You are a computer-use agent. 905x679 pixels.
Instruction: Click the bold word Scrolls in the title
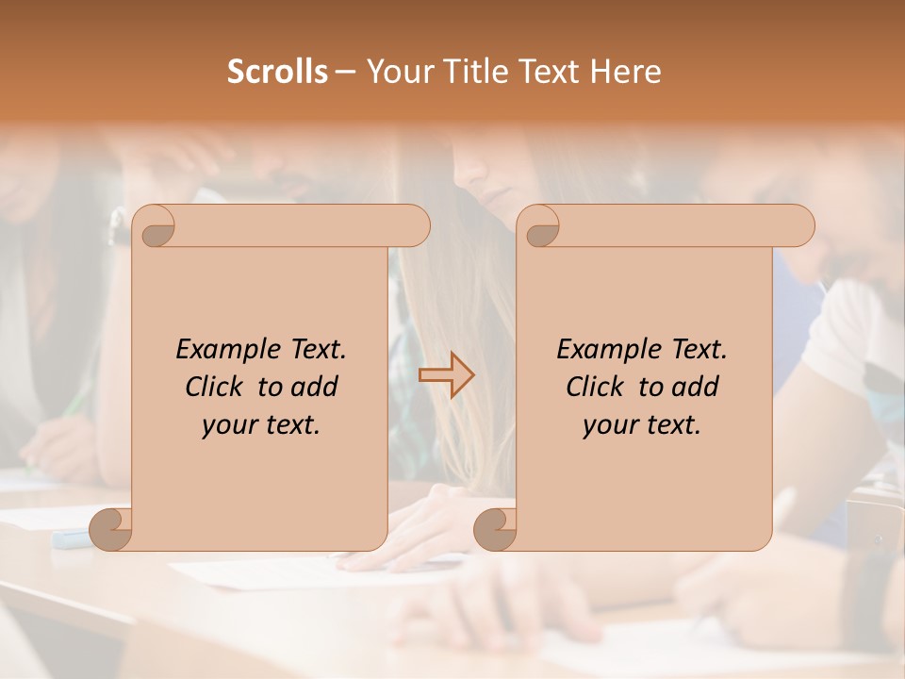pos(277,72)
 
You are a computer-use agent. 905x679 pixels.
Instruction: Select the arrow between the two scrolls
pos(446,375)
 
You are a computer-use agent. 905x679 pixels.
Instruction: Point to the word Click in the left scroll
pos(215,387)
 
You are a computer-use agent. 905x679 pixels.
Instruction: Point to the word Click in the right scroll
pos(596,387)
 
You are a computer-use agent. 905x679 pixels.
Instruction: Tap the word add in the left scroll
pos(315,387)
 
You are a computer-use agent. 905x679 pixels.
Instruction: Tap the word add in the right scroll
pos(696,387)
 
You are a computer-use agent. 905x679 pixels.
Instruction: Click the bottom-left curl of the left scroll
pos(111,529)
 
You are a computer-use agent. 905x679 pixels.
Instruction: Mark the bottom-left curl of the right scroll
pos(496,529)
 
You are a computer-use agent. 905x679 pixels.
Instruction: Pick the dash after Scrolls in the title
pos(345,72)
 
